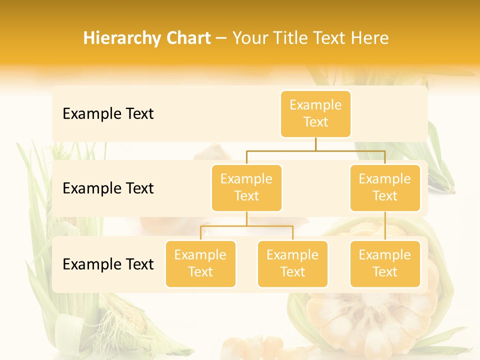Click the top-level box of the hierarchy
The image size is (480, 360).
[315, 114]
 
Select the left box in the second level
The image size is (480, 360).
[246, 188]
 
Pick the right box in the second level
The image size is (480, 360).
[385, 188]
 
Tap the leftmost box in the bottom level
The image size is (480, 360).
[200, 264]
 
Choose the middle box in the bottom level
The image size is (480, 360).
[292, 264]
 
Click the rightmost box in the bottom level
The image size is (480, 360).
[385, 264]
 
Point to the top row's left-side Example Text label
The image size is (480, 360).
[108, 114]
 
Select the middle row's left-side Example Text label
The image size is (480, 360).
[108, 188]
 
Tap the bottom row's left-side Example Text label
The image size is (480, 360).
[108, 264]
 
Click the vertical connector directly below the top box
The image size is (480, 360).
[315, 144]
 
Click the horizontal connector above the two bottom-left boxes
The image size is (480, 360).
[246, 226]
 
